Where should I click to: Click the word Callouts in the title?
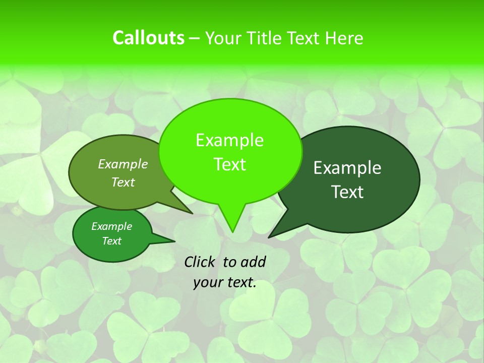pyautogui.click(x=148, y=38)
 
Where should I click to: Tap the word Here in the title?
pyautogui.click(x=344, y=38)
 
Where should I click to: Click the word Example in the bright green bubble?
pyautogui.click(x=229, y=141)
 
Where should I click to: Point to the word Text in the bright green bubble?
pyautogui.click(x=230, y=164)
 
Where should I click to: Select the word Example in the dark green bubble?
pyautogui.click(x=347, y=168)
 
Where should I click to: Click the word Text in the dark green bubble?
pyautogui.click(x=348, y=192)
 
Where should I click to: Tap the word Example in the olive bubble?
pyautogui.click(x=123, y=164)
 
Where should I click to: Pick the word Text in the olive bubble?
pyautogui.click(x=123, y=183)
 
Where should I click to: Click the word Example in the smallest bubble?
pyautogui.click(x=112, y=226)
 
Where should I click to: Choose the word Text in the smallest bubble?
pyautogui.click(x=112, y=241)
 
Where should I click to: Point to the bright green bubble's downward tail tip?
pyautogui.click(x=232, y=231)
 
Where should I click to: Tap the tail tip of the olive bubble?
pyautogui.click(x=192, y=213)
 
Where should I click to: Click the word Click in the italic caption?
pyautogui.click(x=200, y=262)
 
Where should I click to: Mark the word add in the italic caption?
pyautogui.click(x=253, y=262)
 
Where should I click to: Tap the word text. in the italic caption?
pyautogui.click(x=240, y=283)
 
